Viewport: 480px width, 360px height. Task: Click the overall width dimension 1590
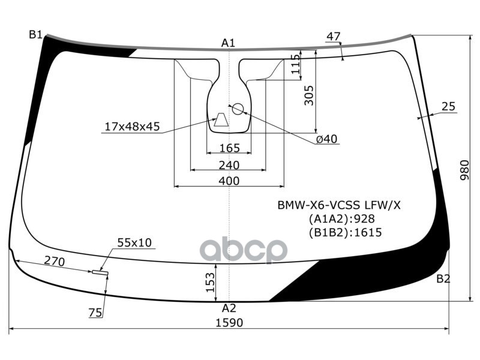pyautogui.click(x=229, y=322)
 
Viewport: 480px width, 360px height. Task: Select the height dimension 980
pyautogui.click(x=464, y=170)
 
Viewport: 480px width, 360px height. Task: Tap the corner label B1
pyautogui.click(x=35, y=35)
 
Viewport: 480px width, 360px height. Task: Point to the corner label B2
pyautogui.click(x=443, y=279)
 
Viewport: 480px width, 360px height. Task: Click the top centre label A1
pyautogui.click(x=228, y=43)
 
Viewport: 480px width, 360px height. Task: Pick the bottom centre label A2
pyautogui.click(x=229, y=308)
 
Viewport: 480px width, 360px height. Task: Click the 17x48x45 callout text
pyautogui.click(x=132, y=126)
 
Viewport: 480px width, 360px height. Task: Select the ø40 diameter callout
pyautogui.click(x=326, y=139)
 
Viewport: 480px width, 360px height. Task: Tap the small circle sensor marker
pyautogui.click(x=238, y=109)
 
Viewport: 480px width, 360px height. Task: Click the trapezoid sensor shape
pyautogui.click(x=221, y=119)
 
